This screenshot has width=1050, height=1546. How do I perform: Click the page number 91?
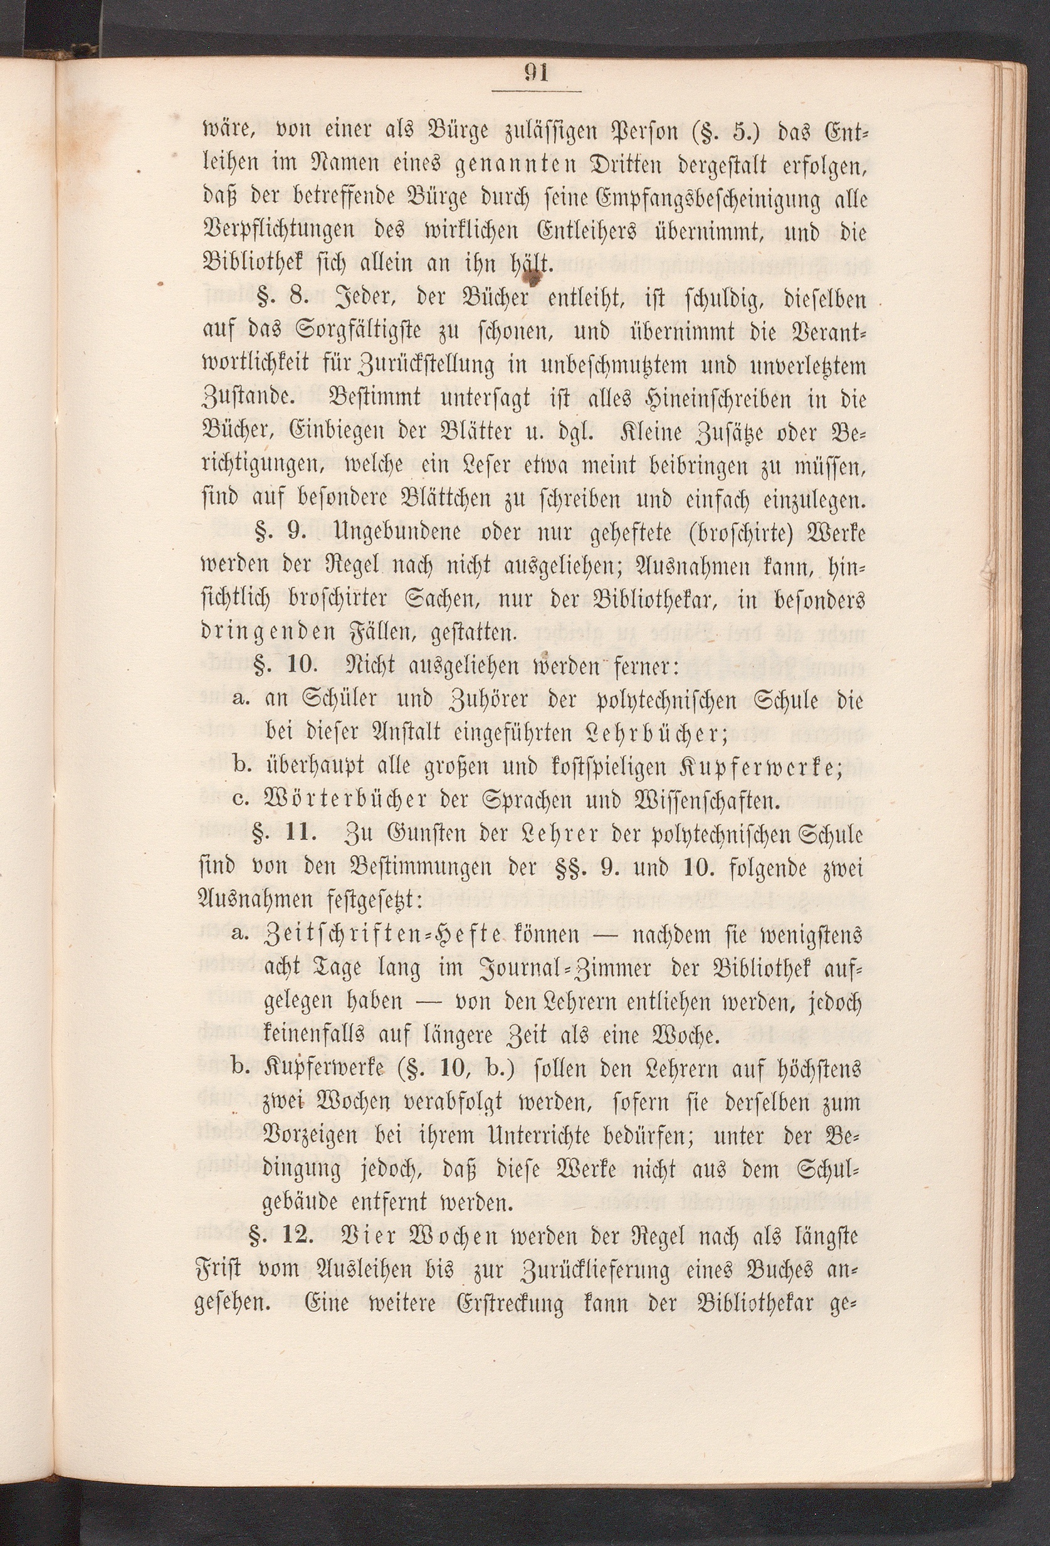click(x=536, y=73)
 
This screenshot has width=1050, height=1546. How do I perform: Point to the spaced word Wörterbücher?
click(x=346, y=801)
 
